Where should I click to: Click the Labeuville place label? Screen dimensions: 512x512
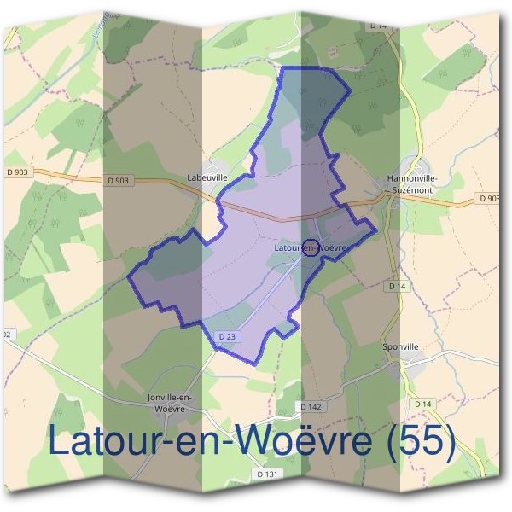(207, 177)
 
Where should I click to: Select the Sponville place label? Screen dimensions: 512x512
(400, 347)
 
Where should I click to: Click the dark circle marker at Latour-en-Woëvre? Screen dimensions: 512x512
(311, 247)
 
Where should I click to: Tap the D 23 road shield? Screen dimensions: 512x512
(226, 337)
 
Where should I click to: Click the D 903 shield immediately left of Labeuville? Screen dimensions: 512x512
(119, 180)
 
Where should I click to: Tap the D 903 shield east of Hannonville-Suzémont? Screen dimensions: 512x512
(489, 198)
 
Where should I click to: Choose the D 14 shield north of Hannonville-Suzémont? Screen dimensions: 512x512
(379, 26)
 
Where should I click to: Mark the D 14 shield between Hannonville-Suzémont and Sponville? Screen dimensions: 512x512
(396, 287)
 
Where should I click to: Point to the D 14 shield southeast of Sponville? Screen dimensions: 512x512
(422, 403)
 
